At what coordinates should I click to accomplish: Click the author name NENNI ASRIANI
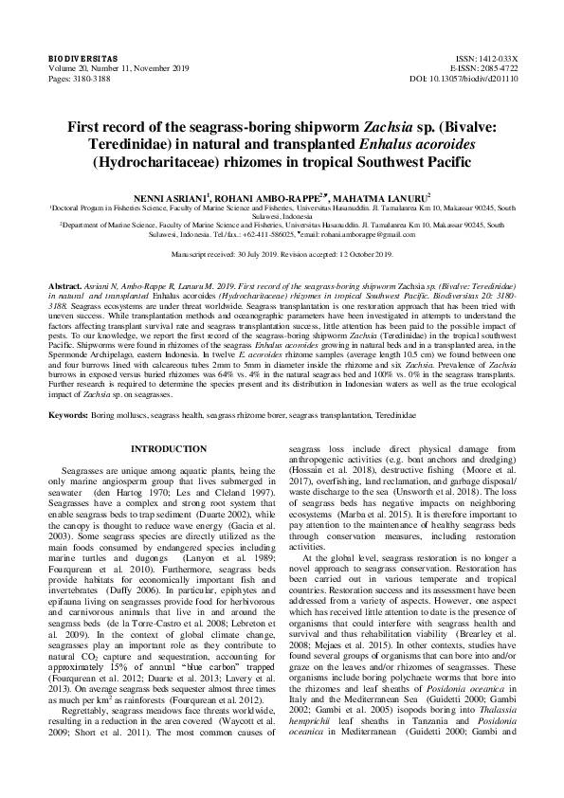(x=169, y=192)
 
